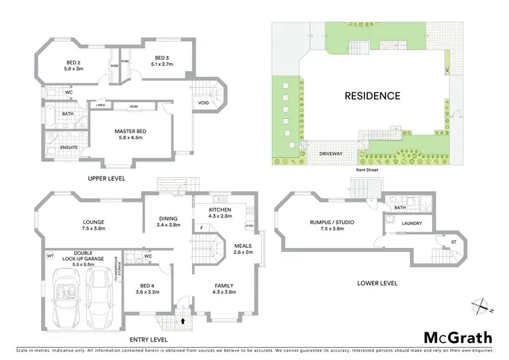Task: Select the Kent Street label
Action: (x=366, y=170)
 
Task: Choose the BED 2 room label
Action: (x=73, y=65)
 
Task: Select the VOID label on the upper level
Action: (x=204, y=103)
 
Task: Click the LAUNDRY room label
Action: (x=412, y=223)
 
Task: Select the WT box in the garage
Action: (x=50, y=256)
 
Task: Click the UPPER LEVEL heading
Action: (x=107, y=178)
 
